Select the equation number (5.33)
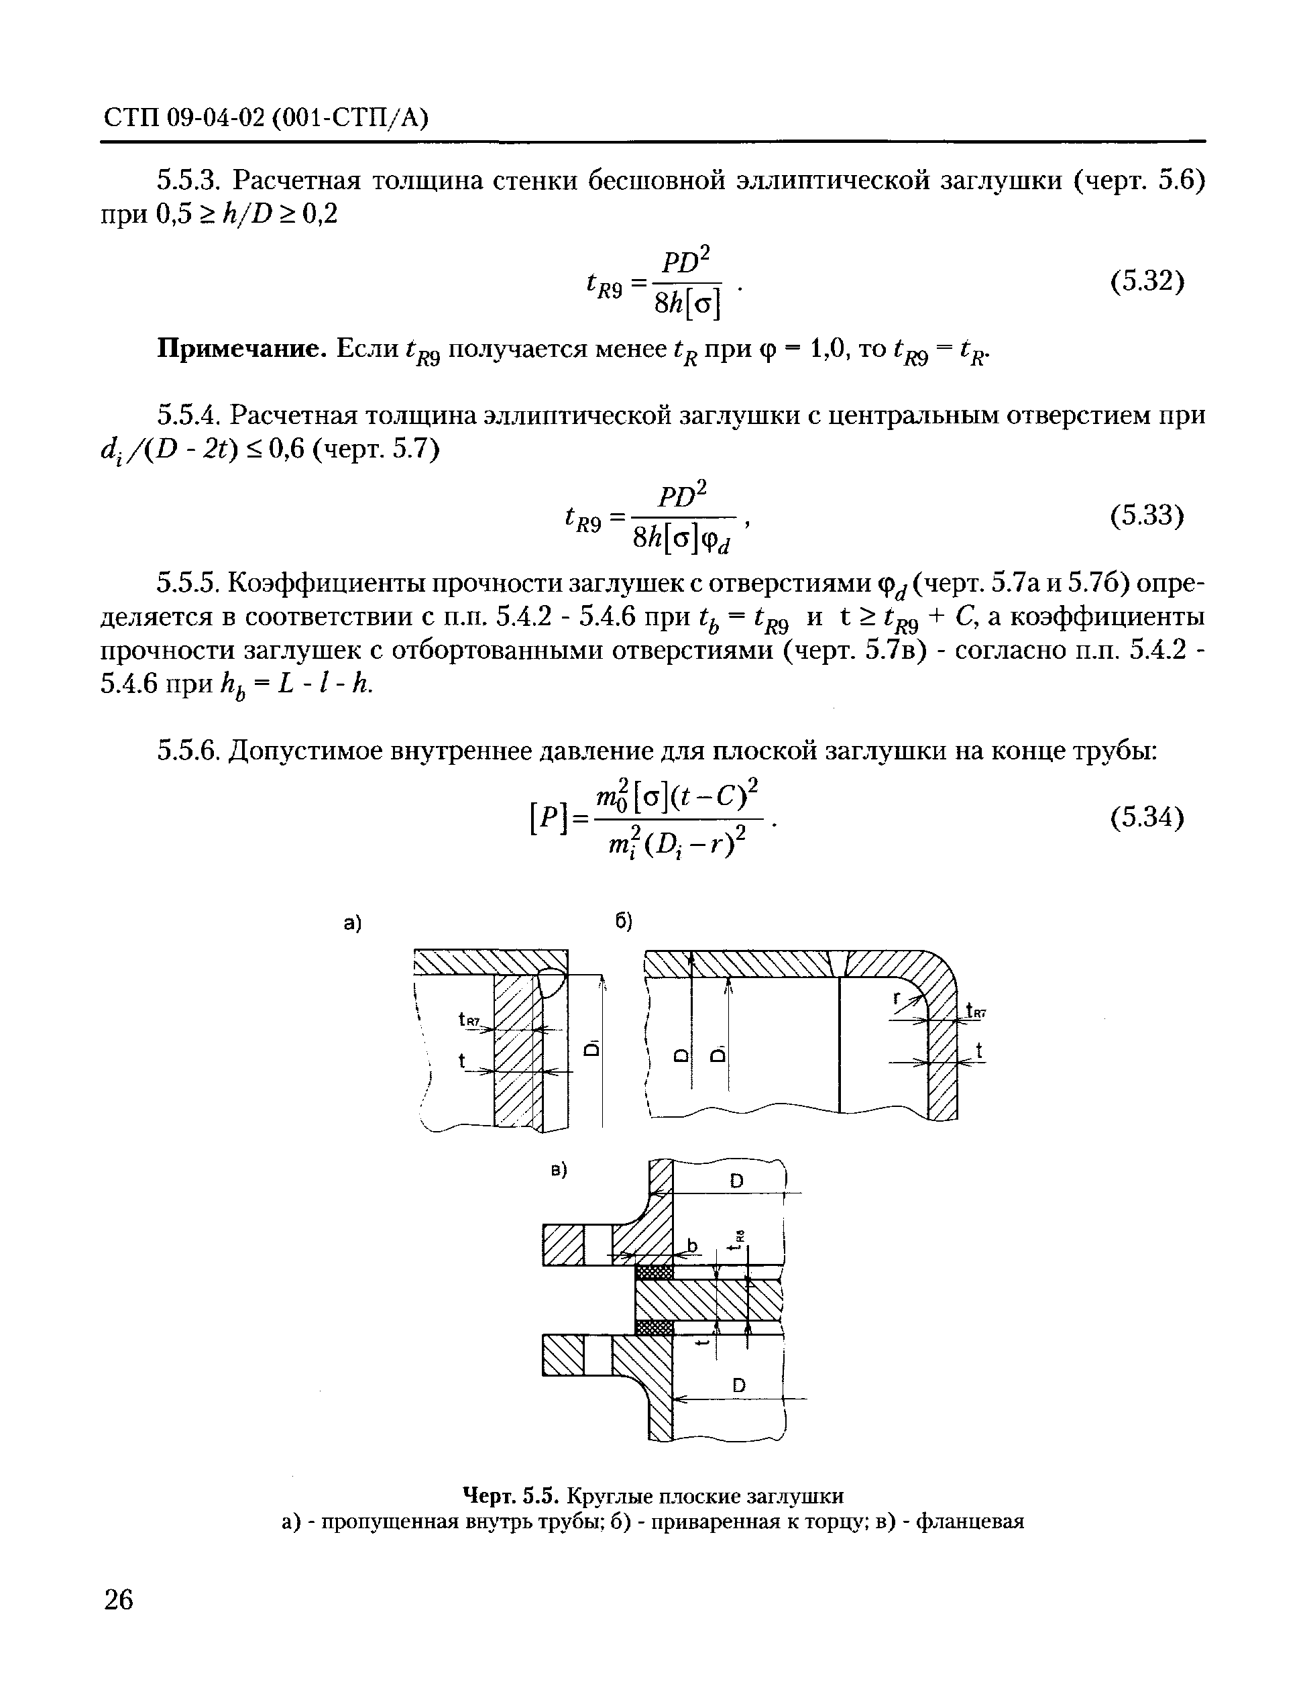pos(1147,516)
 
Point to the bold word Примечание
pos(241,349)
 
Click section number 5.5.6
pos(190,751)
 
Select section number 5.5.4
pos(190,417)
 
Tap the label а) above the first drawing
pos(353,924)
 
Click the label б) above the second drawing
pos(624,922)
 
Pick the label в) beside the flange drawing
pos(559,1169)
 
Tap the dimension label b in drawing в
pos(693,1246)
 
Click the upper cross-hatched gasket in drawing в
pos(653,1272)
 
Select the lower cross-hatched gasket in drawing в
pos(653,1328)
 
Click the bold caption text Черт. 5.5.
pos(510,1495)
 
